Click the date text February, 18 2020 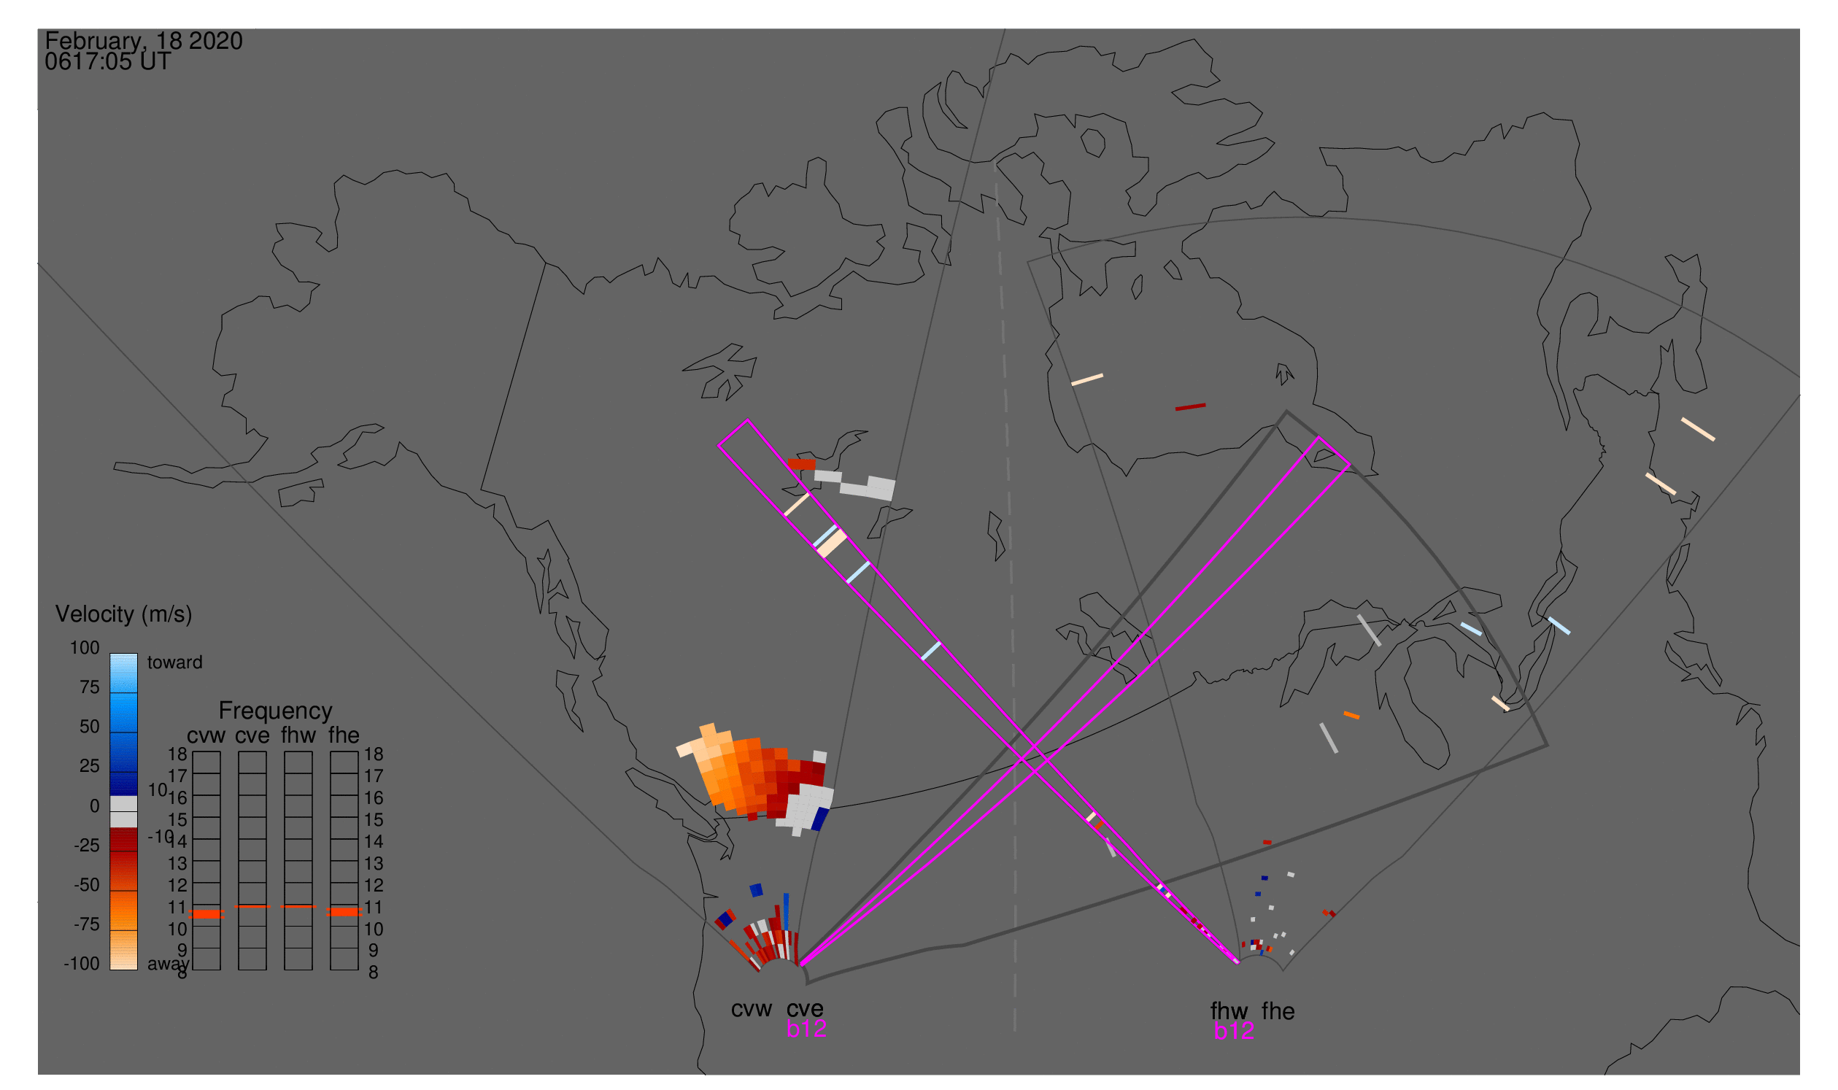point(144,41)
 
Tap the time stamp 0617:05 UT point(108,62)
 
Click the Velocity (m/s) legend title point(123,615)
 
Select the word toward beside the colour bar point(175,662)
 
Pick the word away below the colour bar point(169,965)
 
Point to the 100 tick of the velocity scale point(85,648)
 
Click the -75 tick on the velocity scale point(87,924)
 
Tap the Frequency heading point(276,711)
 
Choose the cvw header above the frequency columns point(206,736)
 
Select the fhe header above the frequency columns point(344,735)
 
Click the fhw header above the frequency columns point(298,735)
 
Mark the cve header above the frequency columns point(252,736)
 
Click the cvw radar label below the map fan point(752,1010)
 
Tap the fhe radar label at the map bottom point(1278,1011)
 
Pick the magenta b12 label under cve point(806,1029)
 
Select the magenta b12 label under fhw point(1234,1032)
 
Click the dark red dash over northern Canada point(1190,407)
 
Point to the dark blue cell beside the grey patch point(820,819)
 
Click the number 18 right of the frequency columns point(373,754)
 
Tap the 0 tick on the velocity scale point(95,806)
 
